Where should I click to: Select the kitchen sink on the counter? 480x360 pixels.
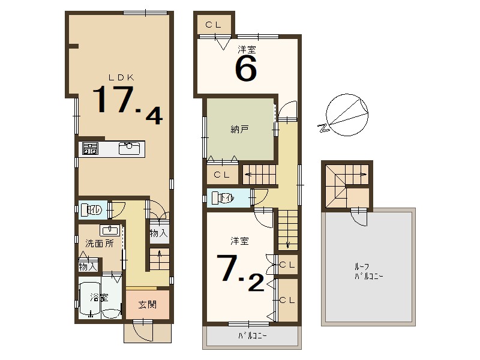pyautogui.click(x=129, y=148)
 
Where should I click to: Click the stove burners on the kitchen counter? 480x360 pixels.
pyautogui.click(x=90, y=149)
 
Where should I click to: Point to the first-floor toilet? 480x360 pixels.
pyautogui.click(x=94, y=210)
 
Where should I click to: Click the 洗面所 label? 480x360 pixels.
pyautogui.click(x=98, y=244)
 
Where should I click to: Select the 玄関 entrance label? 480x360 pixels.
pyautogui.click(x=148, y=305)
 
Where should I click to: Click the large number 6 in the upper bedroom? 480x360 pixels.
pyautogui.click(x=246, y=69)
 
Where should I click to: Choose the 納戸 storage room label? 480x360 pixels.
pyautogui.click(x=239, y=128)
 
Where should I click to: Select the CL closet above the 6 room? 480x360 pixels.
pyautogui.click(x=214, y=25)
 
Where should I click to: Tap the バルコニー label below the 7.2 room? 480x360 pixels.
pyautogui.click(x=252, y=336)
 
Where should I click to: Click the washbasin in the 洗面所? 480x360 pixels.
pyautogui.click(x=109, y=230)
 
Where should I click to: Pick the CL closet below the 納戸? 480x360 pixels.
pyautogui.click(x=221, y=175)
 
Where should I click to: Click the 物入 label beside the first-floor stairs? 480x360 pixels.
pyautogui.click(x=158, y=233)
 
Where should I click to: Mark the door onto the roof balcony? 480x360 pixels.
pyautogui.click(x=359, y=216)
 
